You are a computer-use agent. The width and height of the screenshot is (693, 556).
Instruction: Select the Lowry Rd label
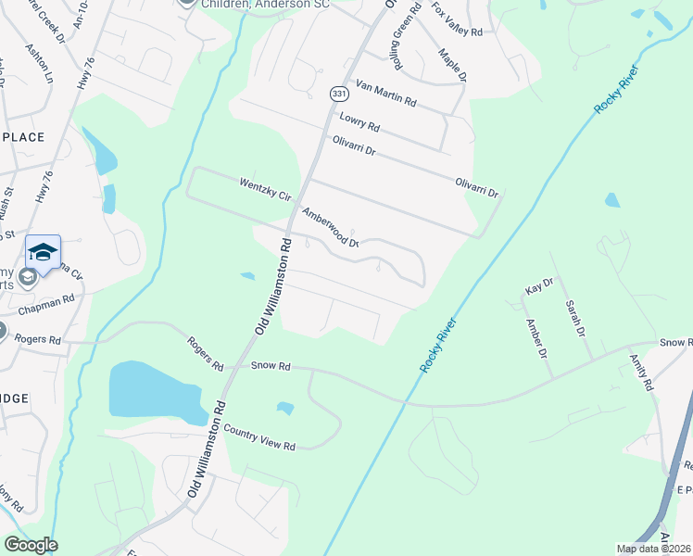tap(360, 120)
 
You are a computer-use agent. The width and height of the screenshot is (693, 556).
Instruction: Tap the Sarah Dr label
tap(575, 318)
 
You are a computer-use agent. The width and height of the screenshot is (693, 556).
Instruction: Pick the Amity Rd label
tap(641, 371)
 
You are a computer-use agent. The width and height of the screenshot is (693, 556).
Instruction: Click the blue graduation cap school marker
tap(43, 250)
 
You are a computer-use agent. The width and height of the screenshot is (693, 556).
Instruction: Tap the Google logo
tap(31, 545)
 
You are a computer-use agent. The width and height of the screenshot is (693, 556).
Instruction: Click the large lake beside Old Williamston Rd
tap(153, 390)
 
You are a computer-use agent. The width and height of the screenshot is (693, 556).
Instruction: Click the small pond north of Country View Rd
tap(285, 408)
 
